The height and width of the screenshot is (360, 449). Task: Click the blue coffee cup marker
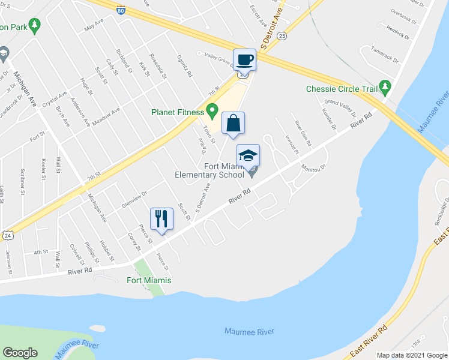point(245,60)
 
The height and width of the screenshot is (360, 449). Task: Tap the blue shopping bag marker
point(233,124)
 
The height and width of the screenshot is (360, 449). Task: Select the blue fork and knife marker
point(161,218)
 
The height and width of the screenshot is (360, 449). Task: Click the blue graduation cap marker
point(248,156)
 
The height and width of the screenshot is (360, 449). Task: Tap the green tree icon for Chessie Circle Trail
point(385,89)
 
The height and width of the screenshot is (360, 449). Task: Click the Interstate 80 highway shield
point(121,10)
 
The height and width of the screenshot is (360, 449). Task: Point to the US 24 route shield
point(7,236)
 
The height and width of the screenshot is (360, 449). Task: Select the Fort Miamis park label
point(149,280)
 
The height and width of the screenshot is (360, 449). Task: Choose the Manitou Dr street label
point(313,161)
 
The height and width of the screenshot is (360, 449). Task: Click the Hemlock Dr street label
point(398,35)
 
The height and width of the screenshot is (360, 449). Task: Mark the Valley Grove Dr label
point(218,58)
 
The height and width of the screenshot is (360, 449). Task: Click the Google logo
point(20,353)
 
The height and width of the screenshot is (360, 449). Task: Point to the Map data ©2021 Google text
point(411,355)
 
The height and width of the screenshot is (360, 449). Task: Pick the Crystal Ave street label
point(55,96)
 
